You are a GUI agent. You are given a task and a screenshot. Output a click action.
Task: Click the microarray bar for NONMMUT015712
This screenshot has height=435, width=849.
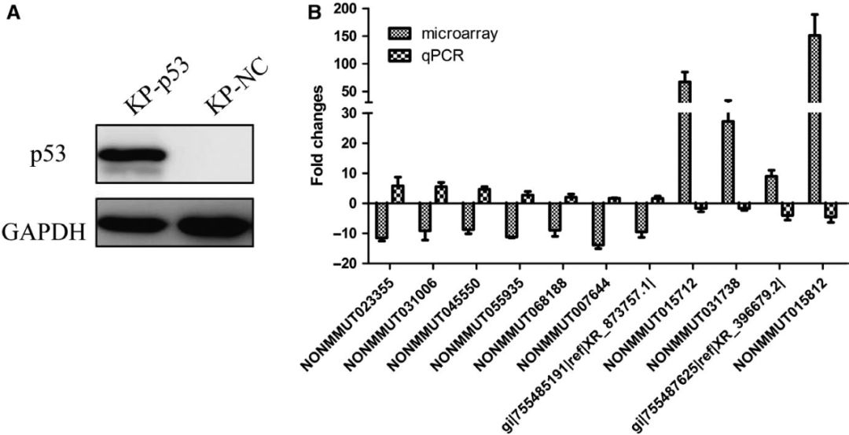[x=685, y=142]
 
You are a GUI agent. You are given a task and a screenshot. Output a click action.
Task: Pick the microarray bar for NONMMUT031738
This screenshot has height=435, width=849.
[x=728, y=161]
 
